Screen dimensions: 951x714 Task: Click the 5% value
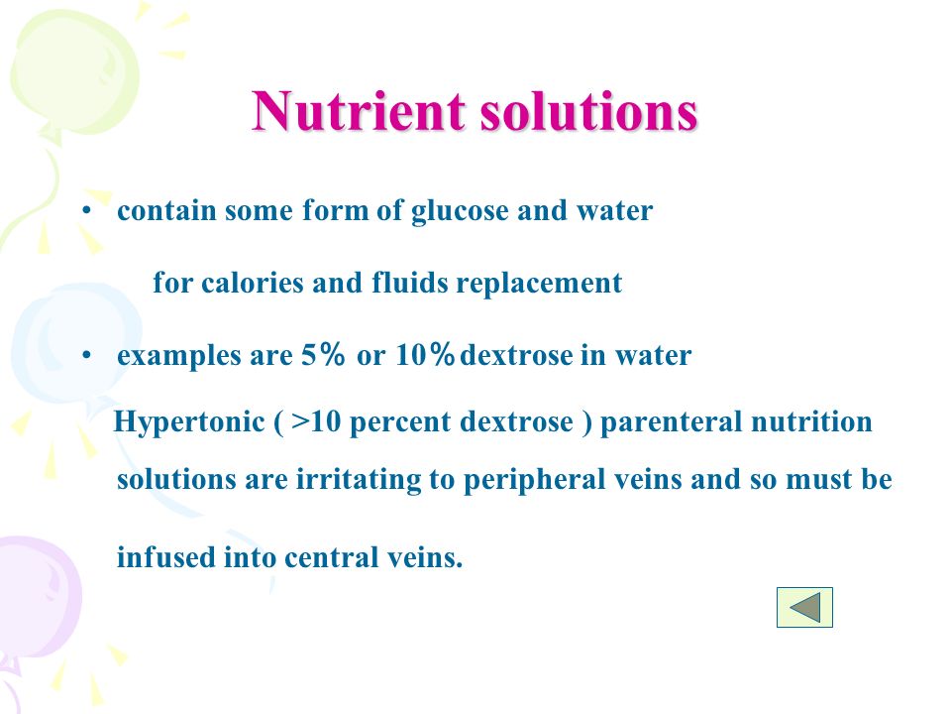[323, 355]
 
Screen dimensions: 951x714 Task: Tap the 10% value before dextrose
[425, 355]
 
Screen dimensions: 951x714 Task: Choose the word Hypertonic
[189, 422]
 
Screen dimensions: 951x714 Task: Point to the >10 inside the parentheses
[316, 422]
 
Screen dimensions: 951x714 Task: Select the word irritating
[358, 480]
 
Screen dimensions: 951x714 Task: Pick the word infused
[165, 556]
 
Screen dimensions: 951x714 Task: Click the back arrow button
[804, 607]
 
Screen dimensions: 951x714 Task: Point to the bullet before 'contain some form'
[87, 210]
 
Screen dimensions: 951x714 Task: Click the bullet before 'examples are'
[87, 355]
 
